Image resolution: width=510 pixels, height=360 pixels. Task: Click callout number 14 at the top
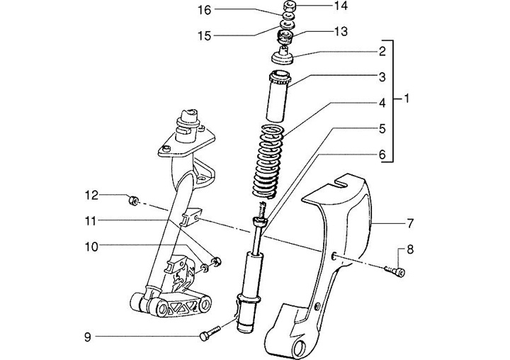tap(341, 6)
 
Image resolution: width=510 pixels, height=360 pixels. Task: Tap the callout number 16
tap(205, 11)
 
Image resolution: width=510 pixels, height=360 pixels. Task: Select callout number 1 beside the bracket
tap(407, 98)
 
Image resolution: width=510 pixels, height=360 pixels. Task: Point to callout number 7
tap(410, 224)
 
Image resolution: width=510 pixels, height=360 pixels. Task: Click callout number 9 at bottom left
tap(88, 337)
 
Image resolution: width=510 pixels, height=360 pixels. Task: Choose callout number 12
tap(91, 196)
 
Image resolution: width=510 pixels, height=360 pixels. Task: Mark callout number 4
tap(382, 103)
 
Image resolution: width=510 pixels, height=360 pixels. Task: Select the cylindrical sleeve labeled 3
tap(278, 96)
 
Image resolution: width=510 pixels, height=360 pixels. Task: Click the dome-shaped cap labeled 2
tap(283, 56)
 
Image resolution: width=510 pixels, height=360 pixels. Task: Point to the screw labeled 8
tap(395, 271)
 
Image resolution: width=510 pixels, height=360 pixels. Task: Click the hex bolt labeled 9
tap(210, 332)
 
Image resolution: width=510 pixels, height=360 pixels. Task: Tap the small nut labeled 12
tap(133, 201)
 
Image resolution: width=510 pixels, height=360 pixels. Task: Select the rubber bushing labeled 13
tap(285, 38)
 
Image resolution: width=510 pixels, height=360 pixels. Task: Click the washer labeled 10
tap(205, 268)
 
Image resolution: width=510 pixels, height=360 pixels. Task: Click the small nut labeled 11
tap(216, 261)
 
